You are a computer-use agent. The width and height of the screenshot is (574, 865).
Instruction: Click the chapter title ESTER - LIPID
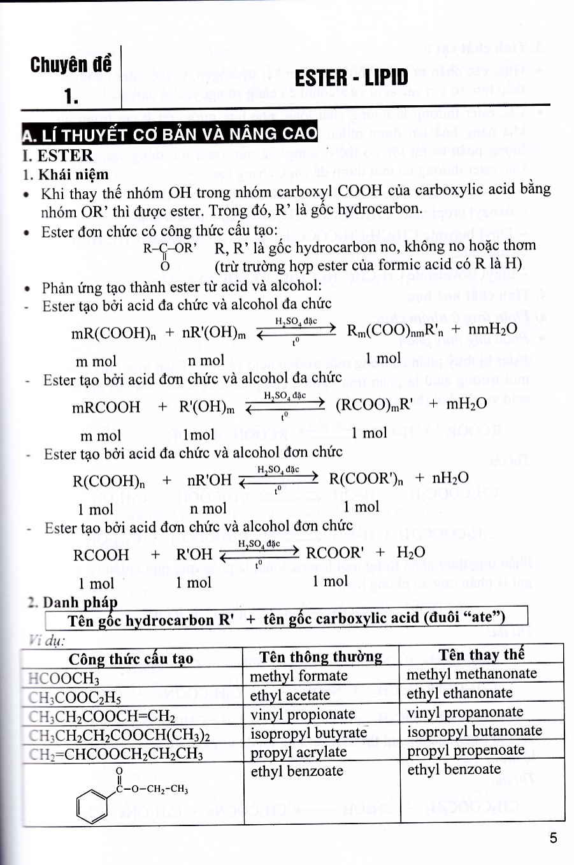tap(352, 77)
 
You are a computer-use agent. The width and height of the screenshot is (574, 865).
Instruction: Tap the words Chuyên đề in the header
tap(71, 65)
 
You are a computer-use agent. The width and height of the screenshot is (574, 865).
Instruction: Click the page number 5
tap(553, 837)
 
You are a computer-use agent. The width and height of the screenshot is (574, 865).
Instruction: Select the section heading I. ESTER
tap(57, 156)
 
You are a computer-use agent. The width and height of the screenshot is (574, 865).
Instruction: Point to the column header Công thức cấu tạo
tap(131, 658)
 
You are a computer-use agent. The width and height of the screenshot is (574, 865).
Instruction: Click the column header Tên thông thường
tap(320, 657)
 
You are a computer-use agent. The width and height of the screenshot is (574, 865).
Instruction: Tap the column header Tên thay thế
tap(481, 655)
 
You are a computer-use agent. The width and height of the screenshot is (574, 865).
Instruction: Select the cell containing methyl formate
tap(298, 676)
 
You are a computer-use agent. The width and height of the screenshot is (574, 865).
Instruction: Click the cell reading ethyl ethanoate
tap(459, 693)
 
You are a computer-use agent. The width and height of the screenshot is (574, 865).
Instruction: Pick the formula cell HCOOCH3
tap(64, 678)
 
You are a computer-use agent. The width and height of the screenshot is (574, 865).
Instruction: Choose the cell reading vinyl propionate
tap(303, 714)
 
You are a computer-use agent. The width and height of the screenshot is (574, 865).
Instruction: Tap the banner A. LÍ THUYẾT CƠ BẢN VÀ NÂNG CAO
tap(169, 134)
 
